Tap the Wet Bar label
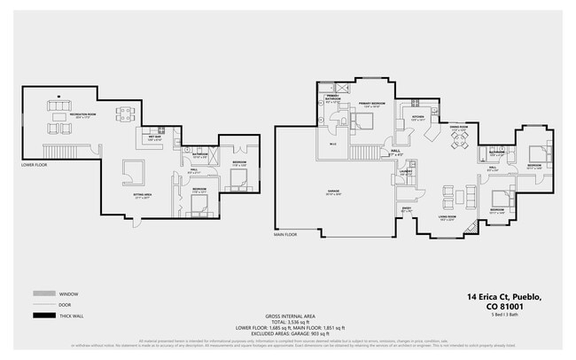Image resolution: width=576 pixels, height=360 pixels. point(154,138)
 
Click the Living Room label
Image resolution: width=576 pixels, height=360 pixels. point(447,219)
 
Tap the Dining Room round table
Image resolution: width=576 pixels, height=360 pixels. point(459,140)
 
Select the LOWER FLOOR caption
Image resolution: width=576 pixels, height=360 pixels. point(36,165)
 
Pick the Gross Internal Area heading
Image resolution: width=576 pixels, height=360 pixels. point(290,317)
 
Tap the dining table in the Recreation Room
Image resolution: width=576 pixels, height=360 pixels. point(126,113)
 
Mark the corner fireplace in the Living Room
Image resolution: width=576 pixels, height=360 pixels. point(471,227)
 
